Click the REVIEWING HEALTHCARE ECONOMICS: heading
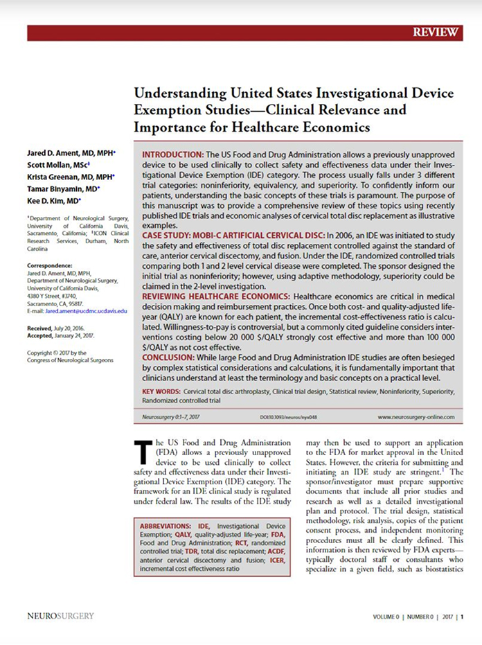[215, 296]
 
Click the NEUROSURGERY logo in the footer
[60, 615]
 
